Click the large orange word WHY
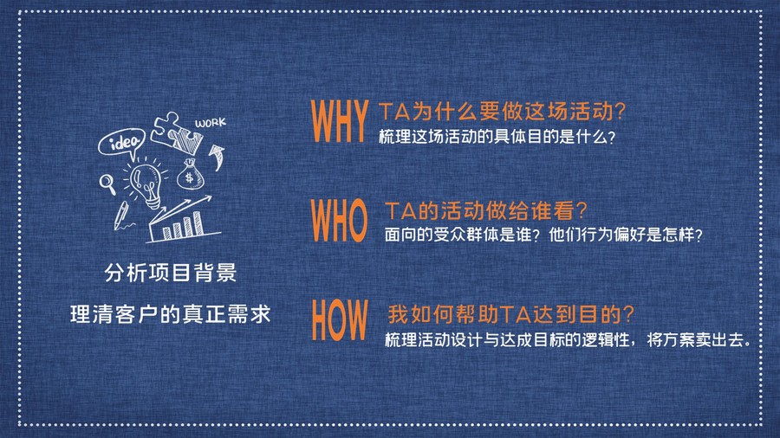(x=339, y=122)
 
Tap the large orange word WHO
(x=339, y=221)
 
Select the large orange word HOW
(x=340, y=319)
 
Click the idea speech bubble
(x=122, y=143)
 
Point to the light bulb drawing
(x=146, y=184)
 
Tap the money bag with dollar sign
(x=190, y=174)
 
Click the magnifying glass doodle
(x=107, y=184)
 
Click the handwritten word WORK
(x=211, y=123)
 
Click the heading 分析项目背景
(x=171, y=273)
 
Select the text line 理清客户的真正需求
(x=171, y=314)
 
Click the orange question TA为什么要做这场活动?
(x=502, y=112)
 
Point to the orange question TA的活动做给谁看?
(x=485, y=210)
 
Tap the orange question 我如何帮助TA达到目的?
(x=510, y=314)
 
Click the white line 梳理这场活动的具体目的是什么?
(x=497, y=137)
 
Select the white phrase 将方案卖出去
(x=695, y=340)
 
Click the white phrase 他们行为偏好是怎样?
(x=625, y=235)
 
